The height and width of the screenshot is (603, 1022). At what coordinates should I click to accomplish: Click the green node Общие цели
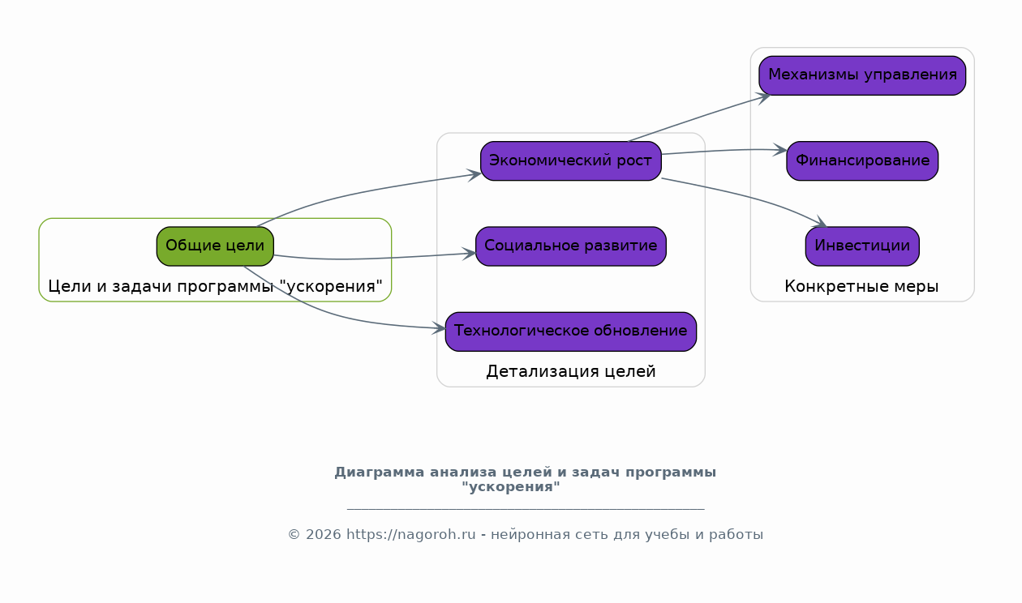215,246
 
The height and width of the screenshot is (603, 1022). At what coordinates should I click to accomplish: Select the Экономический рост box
571,161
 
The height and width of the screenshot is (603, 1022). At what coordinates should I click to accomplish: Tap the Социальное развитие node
571,246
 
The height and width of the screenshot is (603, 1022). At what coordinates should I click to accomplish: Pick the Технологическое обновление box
571,331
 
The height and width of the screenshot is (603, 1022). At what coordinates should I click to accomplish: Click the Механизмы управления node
862,75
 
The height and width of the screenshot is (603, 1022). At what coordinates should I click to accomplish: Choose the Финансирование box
862,161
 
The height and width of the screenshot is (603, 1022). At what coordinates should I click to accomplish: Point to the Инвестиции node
862,246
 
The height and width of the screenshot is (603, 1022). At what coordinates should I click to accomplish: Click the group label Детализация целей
571,371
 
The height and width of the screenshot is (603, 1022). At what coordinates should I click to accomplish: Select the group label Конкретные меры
861,286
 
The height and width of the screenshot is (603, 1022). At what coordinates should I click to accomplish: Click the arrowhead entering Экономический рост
474,175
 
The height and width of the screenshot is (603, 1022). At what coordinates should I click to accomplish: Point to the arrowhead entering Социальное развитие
469,254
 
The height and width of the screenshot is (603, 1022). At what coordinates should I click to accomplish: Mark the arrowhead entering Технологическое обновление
439,328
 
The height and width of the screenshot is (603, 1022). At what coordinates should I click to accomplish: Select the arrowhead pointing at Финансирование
780,150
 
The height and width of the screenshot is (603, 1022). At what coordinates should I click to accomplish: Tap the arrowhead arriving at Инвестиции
820,223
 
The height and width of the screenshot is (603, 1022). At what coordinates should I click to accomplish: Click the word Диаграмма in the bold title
379,473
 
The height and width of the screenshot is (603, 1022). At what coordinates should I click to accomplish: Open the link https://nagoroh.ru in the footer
411,534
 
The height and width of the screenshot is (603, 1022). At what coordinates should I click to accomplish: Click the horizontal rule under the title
526,508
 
